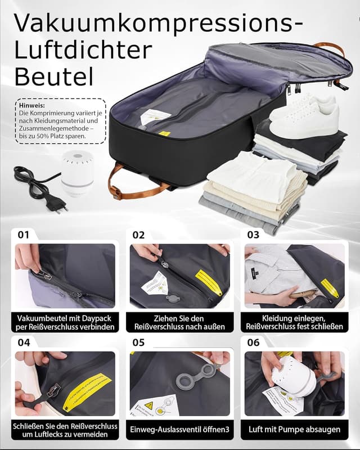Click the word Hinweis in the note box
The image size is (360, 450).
click(x=30, y=105)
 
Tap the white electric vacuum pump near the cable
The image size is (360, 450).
click(x=77, y=172)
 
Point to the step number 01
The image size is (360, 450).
click(x=23, y=235)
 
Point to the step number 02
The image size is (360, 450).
click(x=138, y=235)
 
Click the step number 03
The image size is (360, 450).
click(x=253, y=235)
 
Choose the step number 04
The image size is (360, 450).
click(x=23, y=342)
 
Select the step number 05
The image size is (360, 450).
click(x=138, y=342)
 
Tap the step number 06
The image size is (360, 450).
click(x=253, y=342)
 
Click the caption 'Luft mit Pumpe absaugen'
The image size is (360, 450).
click(x=294, y=430)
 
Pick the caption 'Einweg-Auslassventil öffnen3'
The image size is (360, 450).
click(x=179, y=430)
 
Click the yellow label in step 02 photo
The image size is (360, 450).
click(x=209, y=282)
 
